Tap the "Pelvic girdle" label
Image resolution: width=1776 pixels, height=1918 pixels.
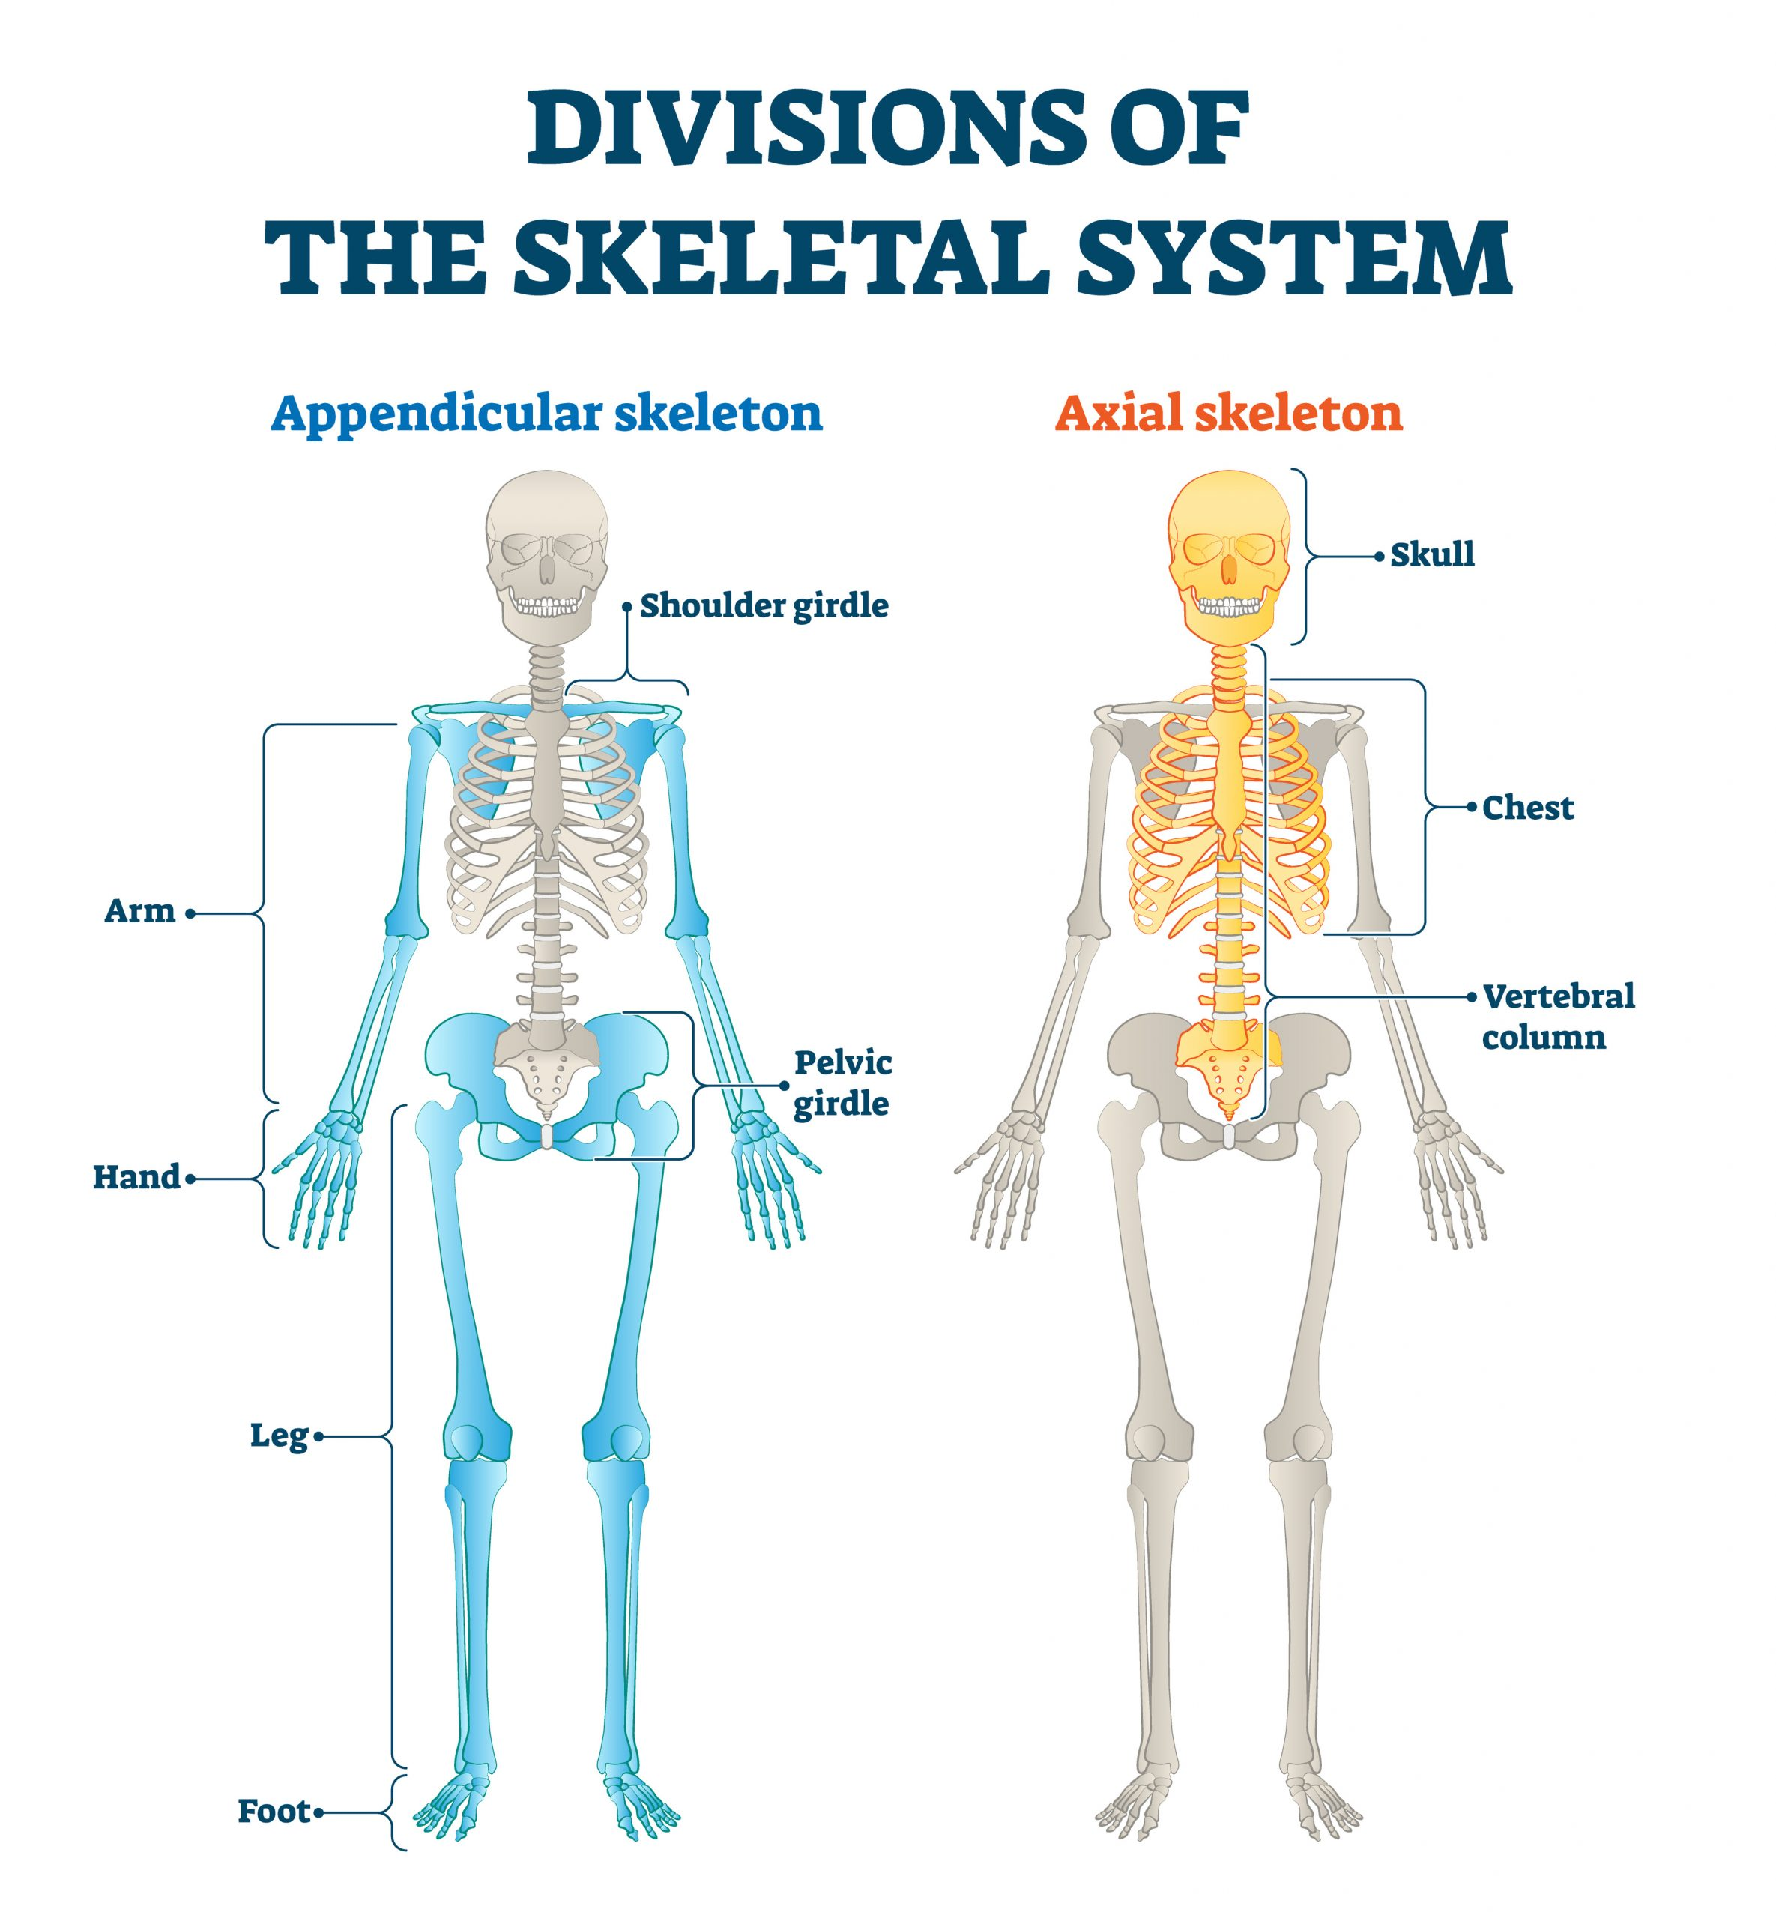(842, 1083)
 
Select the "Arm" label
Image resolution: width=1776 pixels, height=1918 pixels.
(139, 911)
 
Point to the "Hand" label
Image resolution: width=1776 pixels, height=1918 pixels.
(136, 1177)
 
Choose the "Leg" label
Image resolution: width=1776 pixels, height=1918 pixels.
(279, 1436)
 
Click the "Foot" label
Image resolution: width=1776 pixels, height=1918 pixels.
(274, 1812)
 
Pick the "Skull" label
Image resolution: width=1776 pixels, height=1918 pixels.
(1432, 554)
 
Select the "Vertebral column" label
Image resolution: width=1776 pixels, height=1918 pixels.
(1557, 1017)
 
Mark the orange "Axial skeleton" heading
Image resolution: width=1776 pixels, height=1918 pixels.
(1228, 414)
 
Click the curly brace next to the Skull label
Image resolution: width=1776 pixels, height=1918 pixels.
(1307, 555)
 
